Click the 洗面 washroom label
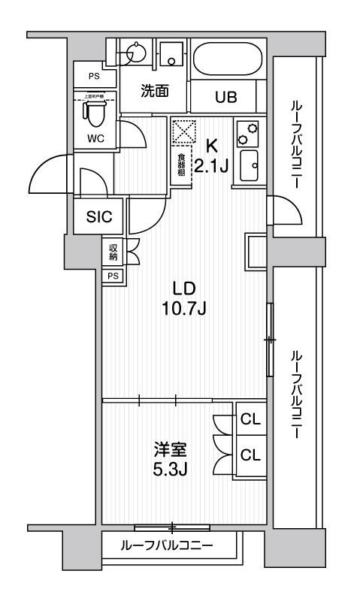(x=154, y=90)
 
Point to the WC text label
(x=95, y=138)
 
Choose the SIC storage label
(x=99, y=217)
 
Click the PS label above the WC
(x=94, y=76)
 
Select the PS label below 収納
(x=113, y=276)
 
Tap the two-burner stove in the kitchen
(x=247, y=134)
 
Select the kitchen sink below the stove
(x=248, y=165)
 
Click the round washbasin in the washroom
(x=136, y=53)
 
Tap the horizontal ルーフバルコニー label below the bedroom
(x=167, y=545)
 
